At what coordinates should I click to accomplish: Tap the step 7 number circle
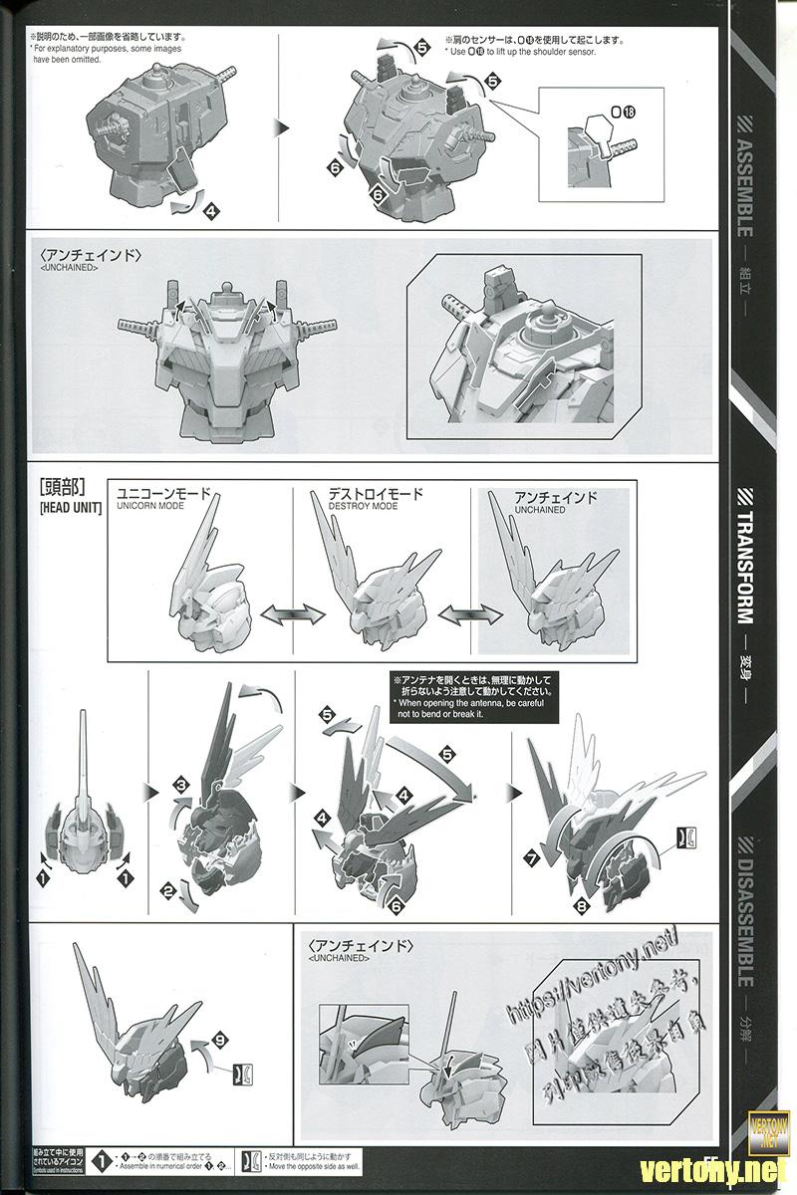click(532, 857)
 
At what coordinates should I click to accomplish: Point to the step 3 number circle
click(181, 787)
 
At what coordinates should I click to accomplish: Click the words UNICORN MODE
click(150, 506)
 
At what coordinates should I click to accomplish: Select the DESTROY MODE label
click(363, 506)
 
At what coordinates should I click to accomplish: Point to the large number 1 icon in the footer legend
click(101, 1160)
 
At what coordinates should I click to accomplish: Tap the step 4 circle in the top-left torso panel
click(210, 211)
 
